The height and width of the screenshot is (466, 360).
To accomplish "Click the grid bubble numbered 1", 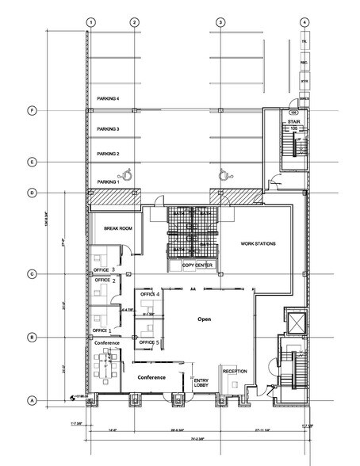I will pos(91,22).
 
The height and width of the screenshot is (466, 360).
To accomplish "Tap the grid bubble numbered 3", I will pos(218,22).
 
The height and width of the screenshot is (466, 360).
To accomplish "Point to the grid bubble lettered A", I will pos(32,399).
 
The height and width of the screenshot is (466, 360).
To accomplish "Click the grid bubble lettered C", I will pos(32,274).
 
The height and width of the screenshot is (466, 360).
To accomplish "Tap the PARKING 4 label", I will pos(107,98).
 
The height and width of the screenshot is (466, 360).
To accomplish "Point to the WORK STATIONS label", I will pos(258,243).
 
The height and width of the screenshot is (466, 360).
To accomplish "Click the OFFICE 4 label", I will pos(150,294).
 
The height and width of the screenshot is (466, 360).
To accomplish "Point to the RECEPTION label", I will pos(236,370).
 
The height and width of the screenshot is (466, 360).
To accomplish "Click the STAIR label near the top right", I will pos(293,121).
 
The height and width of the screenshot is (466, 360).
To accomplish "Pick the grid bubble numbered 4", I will pos(304,22).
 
